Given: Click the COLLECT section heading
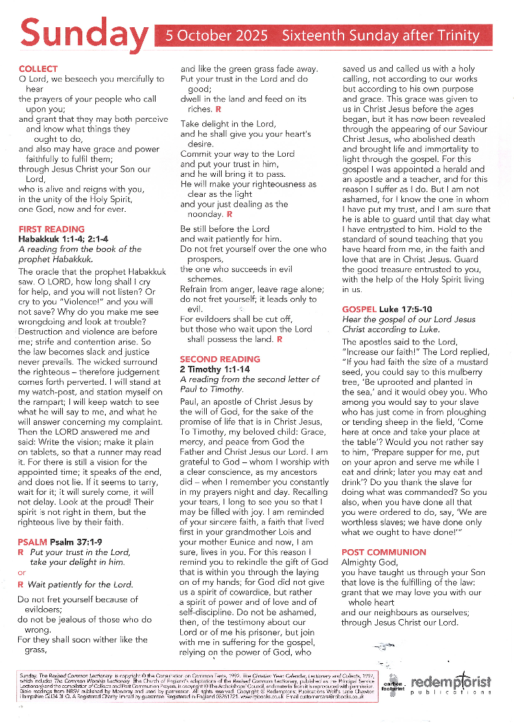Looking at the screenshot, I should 38,69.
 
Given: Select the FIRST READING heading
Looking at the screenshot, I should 52,229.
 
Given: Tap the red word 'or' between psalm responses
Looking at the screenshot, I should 22,573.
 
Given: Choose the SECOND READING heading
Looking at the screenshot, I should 220,359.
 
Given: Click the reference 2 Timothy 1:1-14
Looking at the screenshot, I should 215,369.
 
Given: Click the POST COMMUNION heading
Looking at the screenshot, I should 384,552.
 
